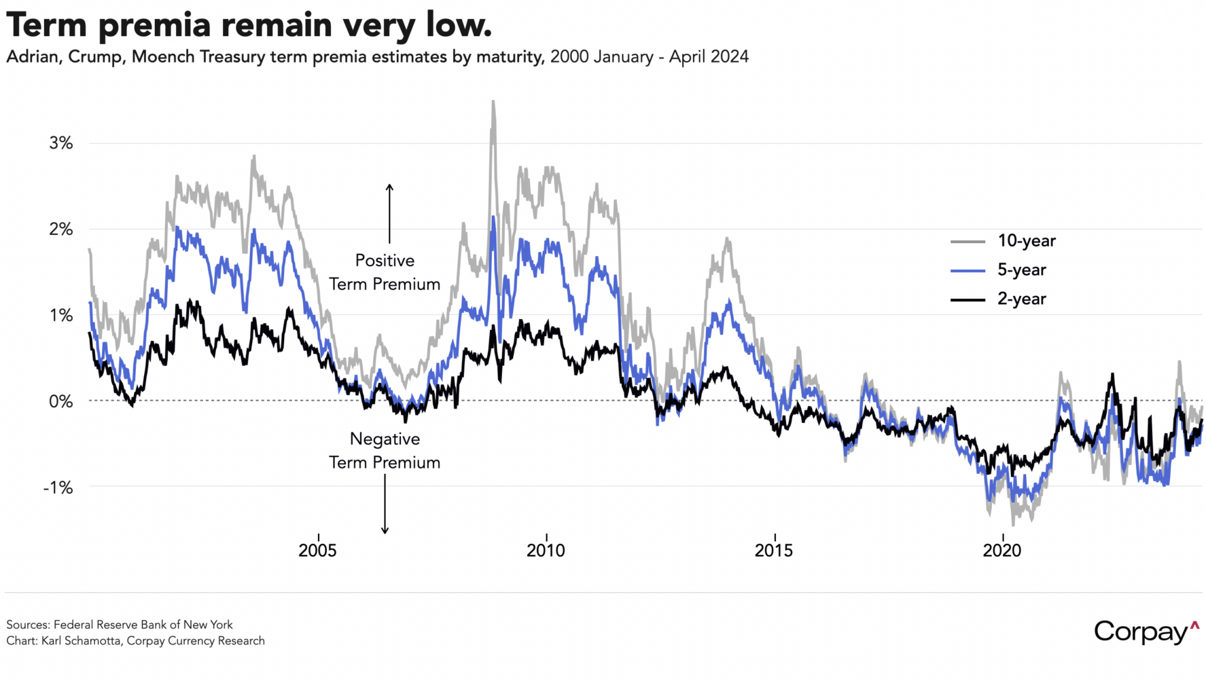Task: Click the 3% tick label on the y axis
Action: click(60, 143)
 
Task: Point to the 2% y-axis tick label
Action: click(60, 230)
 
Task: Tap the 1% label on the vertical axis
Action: click(60, 316)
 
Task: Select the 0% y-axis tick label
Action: click(60, 401)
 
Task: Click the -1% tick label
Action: click(58, 488)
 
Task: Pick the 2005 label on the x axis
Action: click(317, 550)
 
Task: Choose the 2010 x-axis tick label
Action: click(546, 550)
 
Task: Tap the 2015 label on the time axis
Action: click(774, 550)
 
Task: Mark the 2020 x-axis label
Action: click(1002, 550)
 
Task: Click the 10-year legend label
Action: click(1026, 241)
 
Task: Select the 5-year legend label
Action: click(1021, 270)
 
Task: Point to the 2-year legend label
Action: click(1021, 299)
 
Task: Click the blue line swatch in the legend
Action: click(968, 271)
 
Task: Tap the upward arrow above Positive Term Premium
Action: click(389, 213)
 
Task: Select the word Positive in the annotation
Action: click(385, 261)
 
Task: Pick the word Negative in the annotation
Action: click(385, 439)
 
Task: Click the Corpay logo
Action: click(1146, 631)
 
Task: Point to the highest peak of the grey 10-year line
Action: click(493, 102)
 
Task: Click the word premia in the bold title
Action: click(154, 25)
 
